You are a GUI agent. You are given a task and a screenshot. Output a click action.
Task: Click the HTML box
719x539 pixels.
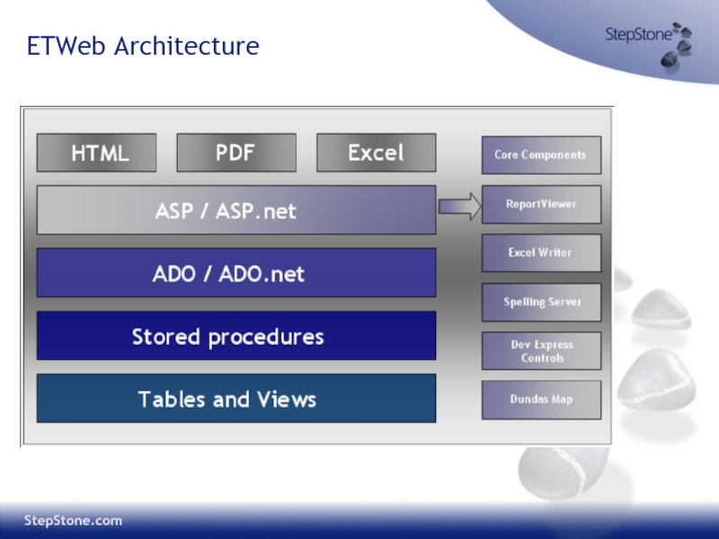pos(96,153)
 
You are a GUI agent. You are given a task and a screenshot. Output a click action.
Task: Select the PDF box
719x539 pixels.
pos(236,153)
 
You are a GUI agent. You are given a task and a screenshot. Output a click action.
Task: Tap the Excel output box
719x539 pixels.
pos(376,153)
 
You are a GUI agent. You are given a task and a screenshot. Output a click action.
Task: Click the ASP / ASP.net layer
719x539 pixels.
pos(236,210)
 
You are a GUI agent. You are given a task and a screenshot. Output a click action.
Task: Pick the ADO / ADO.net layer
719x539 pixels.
pos(236,273)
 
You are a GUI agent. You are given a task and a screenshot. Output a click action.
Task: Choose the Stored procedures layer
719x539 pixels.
pos(236,335)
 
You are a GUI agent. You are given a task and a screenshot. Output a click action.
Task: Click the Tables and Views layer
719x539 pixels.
pos(236,398)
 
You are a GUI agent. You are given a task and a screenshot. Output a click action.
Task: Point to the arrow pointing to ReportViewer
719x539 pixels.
pos(460,207)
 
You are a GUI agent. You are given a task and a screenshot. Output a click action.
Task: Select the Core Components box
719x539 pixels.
pos(542,155)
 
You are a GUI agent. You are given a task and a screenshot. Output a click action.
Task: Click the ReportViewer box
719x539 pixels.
pos(542,205)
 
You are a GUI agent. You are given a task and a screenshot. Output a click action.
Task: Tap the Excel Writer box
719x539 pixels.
pos(542,253)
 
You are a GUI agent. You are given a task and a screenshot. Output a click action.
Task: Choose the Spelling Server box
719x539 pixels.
pos(542,302)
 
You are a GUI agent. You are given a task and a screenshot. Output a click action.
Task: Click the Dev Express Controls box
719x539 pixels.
pos(542,351)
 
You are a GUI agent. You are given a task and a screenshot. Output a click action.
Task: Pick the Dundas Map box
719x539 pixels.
pos(542,400)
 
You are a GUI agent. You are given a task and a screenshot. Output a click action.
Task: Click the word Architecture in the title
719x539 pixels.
pos(187,46)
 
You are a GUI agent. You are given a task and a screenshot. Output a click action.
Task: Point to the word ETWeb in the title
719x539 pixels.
pos(67,46)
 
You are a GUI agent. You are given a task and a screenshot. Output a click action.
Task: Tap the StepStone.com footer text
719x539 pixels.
pos(74,521)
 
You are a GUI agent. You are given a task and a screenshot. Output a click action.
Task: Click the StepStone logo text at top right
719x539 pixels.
pos(639,34)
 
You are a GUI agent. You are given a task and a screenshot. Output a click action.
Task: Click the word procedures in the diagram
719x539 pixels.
pos(266,338)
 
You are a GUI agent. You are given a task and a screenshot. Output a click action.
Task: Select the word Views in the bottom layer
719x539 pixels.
pos(287,399)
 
